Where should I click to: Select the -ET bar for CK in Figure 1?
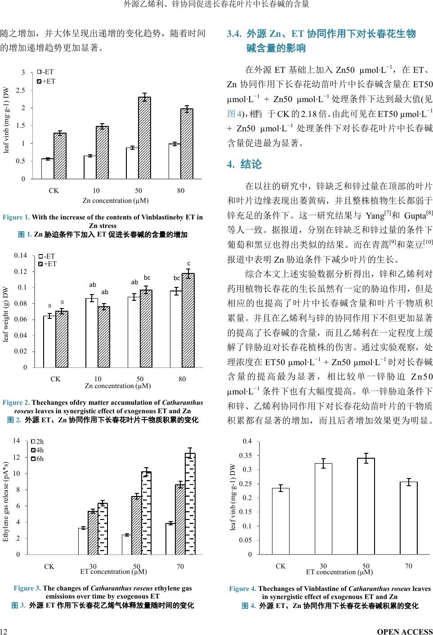point(48,169)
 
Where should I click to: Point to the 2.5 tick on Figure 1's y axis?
point(20,90)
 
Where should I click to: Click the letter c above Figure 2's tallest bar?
point(189,263)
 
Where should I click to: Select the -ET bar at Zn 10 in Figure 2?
point(92,333)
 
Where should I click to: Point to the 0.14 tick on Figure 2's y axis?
point(21,255)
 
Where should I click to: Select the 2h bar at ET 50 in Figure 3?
point(127,544)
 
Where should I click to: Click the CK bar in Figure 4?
point(281,521)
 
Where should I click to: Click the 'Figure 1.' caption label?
point(16,218)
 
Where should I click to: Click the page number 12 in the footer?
point(3,631)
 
